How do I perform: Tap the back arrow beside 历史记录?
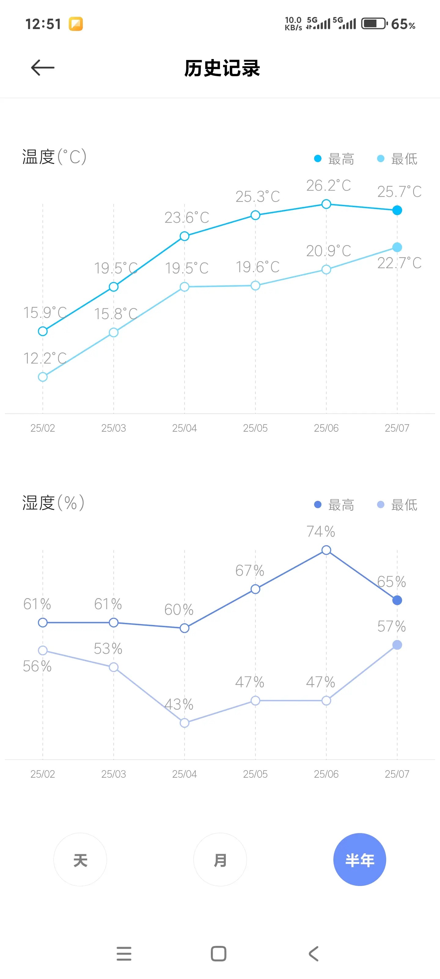42,68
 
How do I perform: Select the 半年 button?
360,860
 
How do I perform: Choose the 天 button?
80,860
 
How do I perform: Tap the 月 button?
220,860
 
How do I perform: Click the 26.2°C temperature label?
328,185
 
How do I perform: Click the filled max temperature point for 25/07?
397,210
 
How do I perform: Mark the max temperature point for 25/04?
185,236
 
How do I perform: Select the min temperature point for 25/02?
43,377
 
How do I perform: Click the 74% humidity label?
321,531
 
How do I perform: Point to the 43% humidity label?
179,704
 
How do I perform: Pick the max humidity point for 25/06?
326,550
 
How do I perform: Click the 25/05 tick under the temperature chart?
255,428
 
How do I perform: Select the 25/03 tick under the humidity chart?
113,774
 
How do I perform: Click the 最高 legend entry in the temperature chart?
335,159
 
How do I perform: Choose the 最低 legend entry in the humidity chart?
398,505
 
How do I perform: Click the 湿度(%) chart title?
53,502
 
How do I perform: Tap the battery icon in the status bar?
374,24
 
